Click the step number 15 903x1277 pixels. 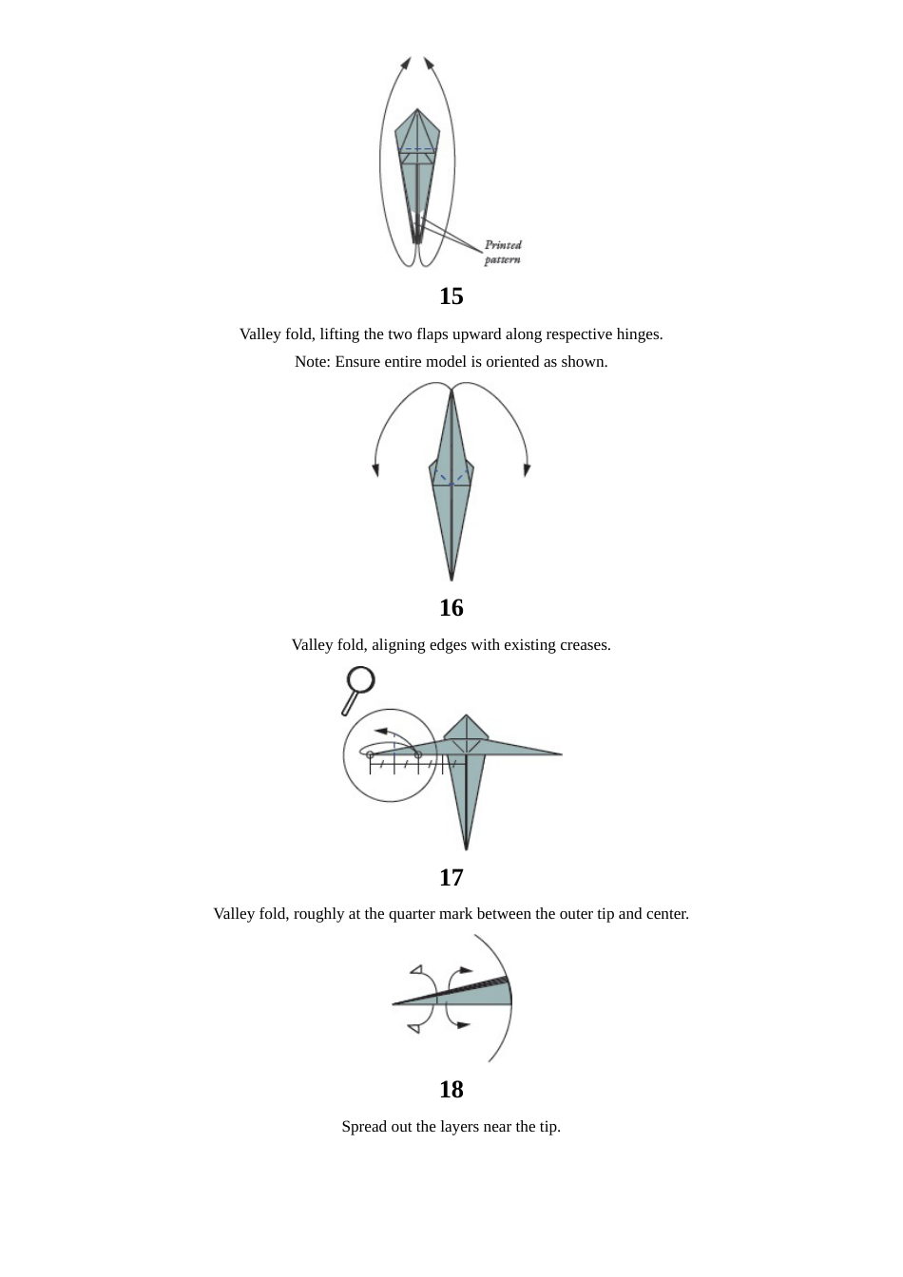point(451,296)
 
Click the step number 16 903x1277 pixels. point(451,607)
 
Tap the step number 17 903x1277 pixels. point(451,877)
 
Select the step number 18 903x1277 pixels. point(451,1089)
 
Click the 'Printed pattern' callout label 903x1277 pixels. point(503,252)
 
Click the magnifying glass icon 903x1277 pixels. point(359,688)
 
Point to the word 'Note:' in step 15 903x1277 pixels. point(313,362)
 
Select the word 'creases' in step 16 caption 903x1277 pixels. point(584,645)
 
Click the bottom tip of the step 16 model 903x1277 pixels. point(451,580)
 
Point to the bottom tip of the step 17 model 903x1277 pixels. point(466,848)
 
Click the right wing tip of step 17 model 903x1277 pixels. point(561,754)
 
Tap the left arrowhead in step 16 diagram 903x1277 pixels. point(376,470)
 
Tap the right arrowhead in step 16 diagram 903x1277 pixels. point(527,470)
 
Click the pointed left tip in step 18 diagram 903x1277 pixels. point(394,1003)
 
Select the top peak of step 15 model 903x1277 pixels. point(417,109)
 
